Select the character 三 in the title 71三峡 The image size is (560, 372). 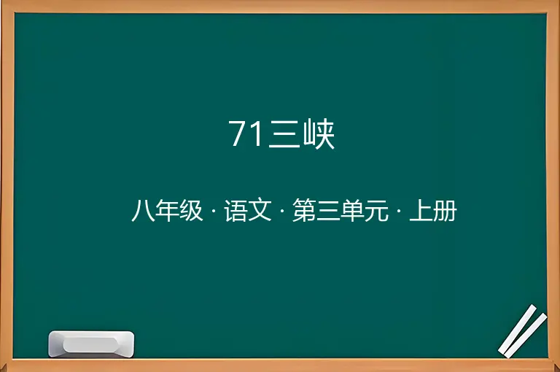pos(284,134)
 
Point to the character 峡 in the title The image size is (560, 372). pos(319,134)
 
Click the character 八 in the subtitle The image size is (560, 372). pos(143,211)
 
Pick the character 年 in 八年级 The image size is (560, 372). pos(167,211)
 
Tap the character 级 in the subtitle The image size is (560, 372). pos(191,211)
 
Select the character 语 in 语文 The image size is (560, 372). pos(236,211)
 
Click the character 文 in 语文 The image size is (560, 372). pos(260,211)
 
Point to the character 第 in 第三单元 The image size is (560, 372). pos(304,211)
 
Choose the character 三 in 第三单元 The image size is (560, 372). pos(328,211)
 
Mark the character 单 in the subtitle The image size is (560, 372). pos(352,211)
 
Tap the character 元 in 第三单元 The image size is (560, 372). pos(376,211)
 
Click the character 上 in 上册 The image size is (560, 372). pos(421,211)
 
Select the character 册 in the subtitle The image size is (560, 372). pos(445,211)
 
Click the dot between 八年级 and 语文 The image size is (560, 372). pos(214,211)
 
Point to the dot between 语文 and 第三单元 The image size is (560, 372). pos(282,211)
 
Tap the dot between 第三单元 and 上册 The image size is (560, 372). pos(399,211)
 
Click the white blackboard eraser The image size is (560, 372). pos(91,344)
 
